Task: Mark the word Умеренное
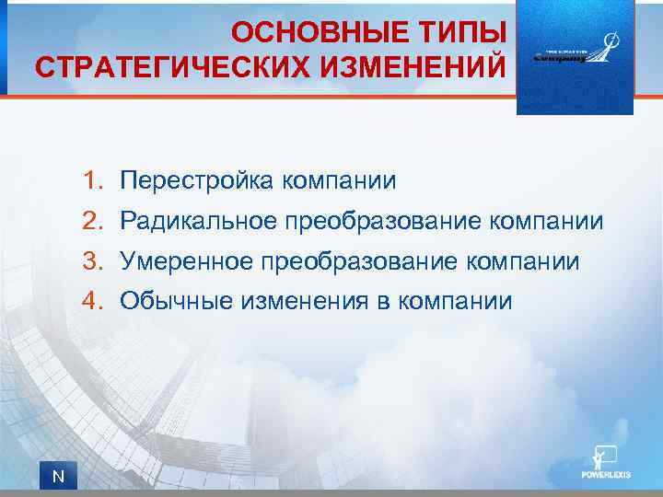(x=187, y=261)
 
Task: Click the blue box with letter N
(x=57, y=476)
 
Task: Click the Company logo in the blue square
(x=575, y=55)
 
